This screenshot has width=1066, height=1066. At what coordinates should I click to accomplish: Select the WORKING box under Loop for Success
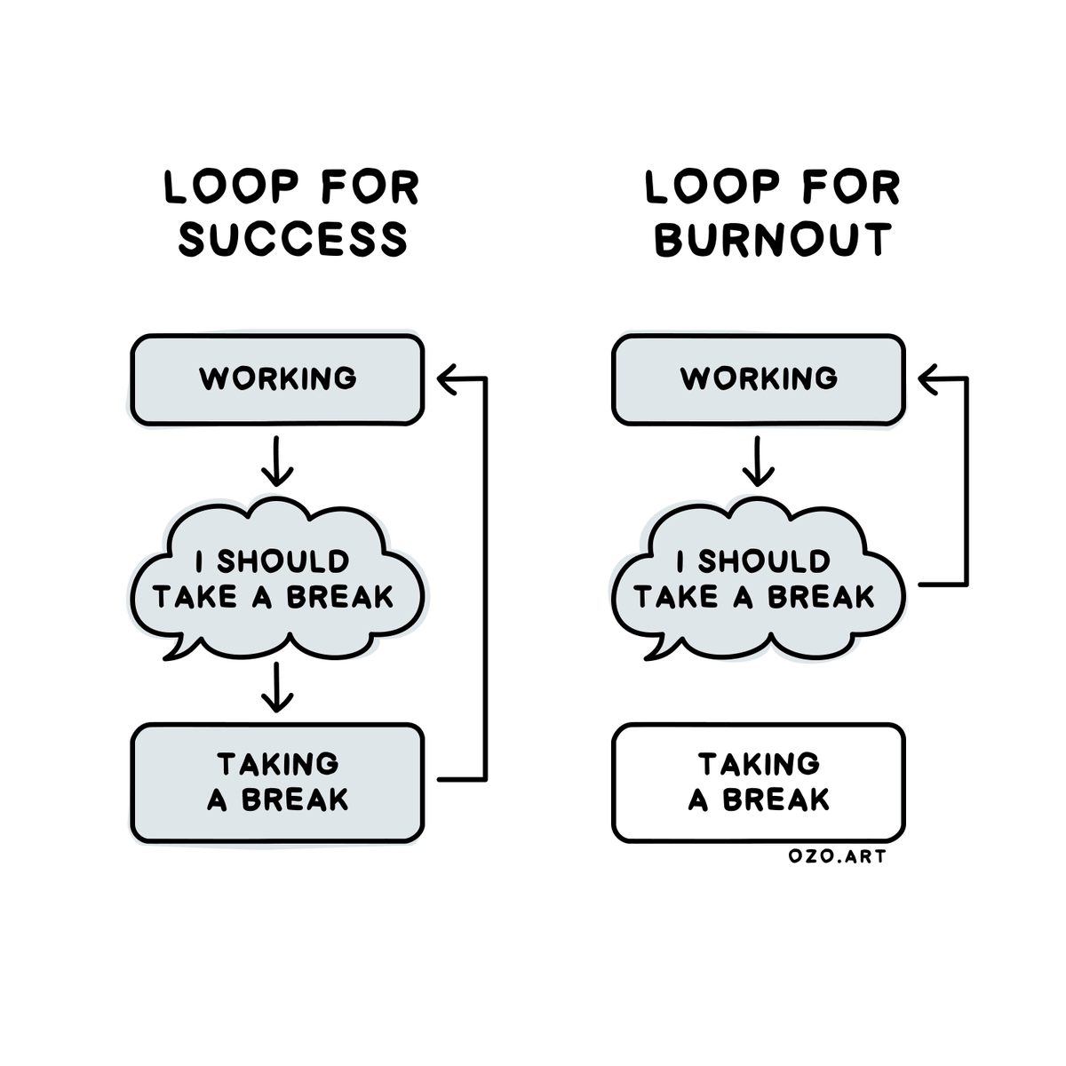277,379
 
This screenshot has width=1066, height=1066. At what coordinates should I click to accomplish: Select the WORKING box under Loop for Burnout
759,379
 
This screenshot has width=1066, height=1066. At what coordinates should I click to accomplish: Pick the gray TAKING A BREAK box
277,783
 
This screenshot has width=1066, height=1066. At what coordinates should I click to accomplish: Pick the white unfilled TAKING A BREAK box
759,783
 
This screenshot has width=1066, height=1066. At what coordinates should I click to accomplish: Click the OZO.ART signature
838,857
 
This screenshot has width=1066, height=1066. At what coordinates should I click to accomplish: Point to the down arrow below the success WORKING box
277,461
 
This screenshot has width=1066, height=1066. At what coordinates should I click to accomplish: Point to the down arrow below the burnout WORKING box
757,461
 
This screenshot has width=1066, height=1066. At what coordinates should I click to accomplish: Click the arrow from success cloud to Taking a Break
277,687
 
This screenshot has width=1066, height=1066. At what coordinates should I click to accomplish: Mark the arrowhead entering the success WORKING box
448,379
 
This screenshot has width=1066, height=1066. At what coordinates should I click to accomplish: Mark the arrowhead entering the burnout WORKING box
928,379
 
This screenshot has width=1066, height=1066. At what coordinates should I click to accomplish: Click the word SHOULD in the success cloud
283,561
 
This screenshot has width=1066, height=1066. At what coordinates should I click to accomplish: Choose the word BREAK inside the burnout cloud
821,598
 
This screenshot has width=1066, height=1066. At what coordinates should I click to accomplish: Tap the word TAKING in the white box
759,764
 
